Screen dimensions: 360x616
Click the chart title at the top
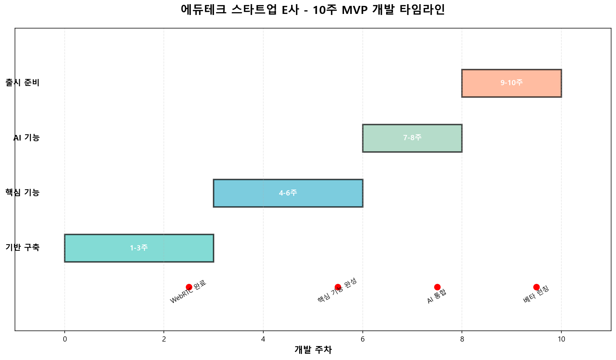(313, 10)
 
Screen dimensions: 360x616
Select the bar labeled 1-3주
(139, 248)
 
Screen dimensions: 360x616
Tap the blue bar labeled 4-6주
(288, 193)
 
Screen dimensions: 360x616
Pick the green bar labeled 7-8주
(412, 138)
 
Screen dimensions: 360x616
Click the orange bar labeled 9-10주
(511, 83)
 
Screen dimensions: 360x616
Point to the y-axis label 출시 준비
(23, 83)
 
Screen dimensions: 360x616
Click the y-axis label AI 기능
(26, 138)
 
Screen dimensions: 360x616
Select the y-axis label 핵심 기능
(23, 193)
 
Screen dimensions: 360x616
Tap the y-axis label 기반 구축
(23, 248)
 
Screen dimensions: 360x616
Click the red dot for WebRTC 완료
(189, 287)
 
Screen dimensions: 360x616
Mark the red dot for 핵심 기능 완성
(338, 287)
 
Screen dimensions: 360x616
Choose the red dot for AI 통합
(437, 287)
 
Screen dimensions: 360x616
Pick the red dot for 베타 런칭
(536, 287)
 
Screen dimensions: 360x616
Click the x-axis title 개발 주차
(313, 350)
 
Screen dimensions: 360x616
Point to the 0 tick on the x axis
(65, 339)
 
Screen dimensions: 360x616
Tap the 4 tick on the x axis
(263, 339)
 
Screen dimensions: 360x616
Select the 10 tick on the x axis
(561, 339)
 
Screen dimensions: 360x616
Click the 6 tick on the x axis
(362, 339)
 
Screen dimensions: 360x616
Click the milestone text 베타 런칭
(536, 294)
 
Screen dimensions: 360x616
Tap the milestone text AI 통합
(437, 296)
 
